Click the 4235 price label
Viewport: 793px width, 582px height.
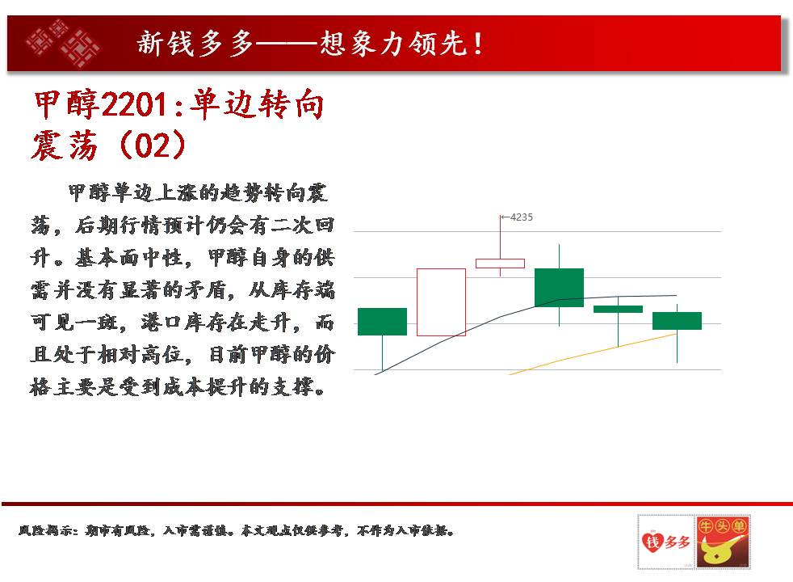[522, 217]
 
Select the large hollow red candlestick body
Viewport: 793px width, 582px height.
[441, 302]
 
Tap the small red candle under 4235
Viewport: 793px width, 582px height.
[500, 264]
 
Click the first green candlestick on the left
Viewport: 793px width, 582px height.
[382, 322]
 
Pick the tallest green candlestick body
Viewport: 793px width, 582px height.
[560, 288]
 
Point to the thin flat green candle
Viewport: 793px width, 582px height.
[618, 310]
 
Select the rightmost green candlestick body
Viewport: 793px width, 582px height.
[678, 321]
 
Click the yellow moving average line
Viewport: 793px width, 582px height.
[593, 354]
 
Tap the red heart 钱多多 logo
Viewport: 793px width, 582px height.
[665, 542]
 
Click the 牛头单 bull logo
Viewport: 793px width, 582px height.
[723, 542]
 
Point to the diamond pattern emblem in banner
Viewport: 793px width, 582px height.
[63, 43]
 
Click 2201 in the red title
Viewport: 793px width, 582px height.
[134, 106]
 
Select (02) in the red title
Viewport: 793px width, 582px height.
[153, 145]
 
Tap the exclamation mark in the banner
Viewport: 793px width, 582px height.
[477, 44]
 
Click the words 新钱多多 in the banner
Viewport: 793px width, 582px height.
[195, 43]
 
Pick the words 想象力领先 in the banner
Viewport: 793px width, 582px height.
[393, 43]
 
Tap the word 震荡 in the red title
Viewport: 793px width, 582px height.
[65, 145]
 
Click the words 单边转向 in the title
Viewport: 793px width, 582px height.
[257, 105]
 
